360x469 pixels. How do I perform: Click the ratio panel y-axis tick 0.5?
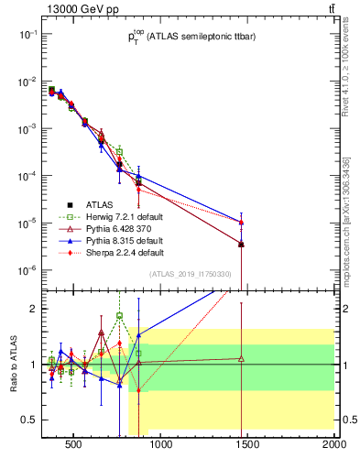[x=27, y=420]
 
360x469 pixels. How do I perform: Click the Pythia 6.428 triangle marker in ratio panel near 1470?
[x=241, y=358]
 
